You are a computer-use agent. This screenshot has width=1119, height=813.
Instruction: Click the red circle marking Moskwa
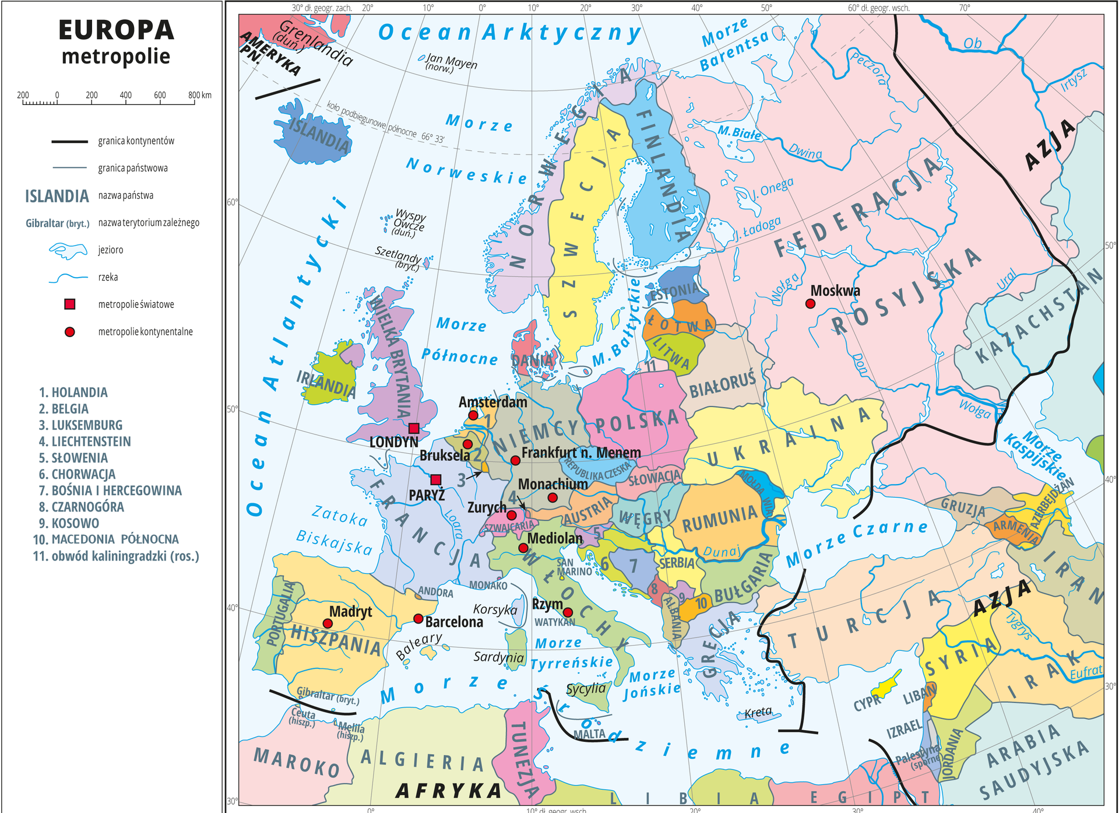click(810, 304)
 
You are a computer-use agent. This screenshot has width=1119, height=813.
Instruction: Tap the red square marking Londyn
click(414, 429)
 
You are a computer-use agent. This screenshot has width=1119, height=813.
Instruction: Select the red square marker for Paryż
click(435, 480)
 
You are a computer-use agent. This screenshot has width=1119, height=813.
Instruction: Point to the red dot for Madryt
click(328, 623)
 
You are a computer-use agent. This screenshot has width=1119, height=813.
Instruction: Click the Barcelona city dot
click(418, 619)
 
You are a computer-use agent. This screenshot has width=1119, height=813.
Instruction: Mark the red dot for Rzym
click(568, 612)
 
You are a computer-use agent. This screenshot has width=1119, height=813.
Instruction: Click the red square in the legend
click(70, 304)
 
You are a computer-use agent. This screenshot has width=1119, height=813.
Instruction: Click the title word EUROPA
click(116, 30)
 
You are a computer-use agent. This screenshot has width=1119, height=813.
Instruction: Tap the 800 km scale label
click(200, 95)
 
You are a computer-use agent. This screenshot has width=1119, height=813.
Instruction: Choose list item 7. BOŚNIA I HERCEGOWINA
click(110, 490)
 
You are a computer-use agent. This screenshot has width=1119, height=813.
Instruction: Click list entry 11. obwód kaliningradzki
click(116, 556)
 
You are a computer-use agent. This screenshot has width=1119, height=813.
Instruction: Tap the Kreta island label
click(758, 713)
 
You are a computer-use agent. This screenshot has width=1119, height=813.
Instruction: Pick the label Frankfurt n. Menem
click(580, 453)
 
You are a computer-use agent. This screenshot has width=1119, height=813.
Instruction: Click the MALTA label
click(589, 734)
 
